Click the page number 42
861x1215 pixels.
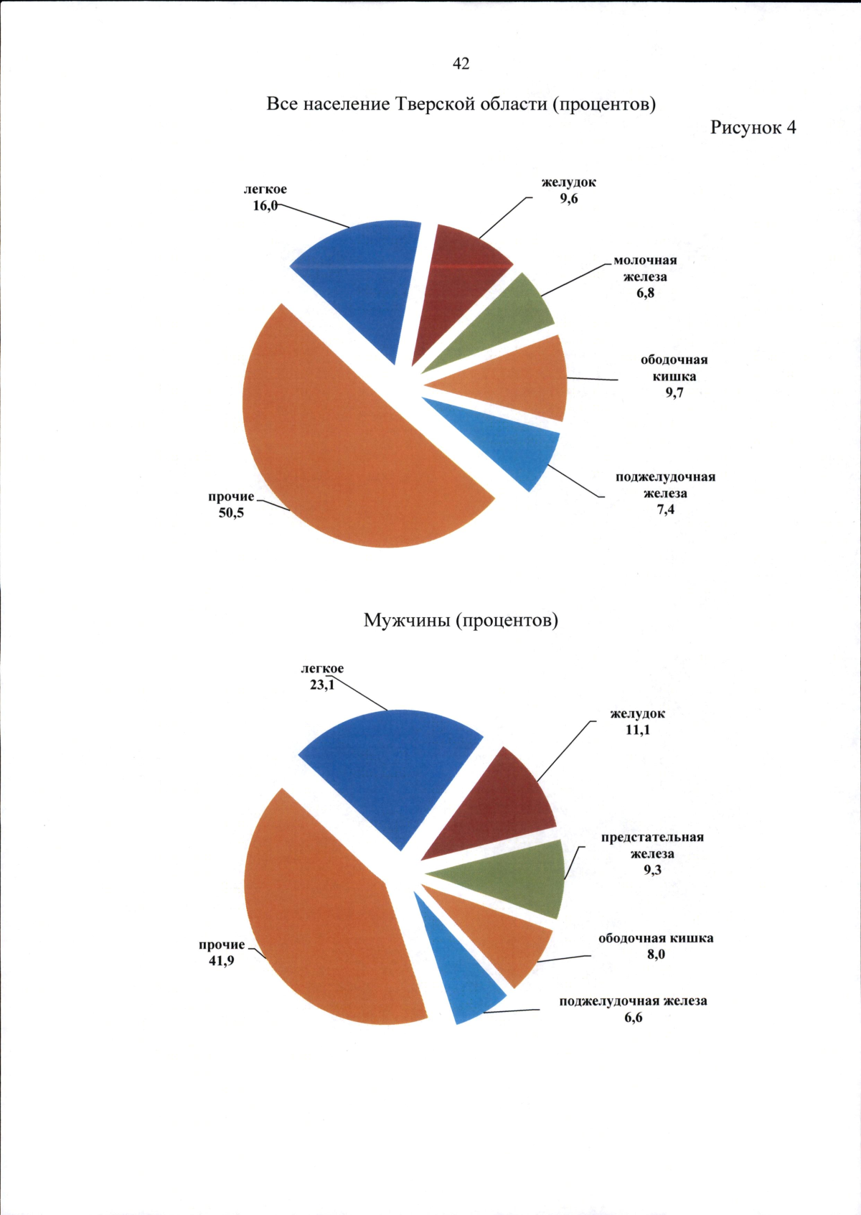461,64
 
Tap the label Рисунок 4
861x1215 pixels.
753,128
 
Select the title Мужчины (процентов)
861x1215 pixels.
461,620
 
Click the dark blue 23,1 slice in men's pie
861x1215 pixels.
395,768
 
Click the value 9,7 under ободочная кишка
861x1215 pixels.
674,393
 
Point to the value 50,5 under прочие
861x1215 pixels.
231,513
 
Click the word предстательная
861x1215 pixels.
652,838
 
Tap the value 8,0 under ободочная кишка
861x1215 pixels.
656,954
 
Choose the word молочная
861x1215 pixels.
645,261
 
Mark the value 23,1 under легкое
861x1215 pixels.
321,685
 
